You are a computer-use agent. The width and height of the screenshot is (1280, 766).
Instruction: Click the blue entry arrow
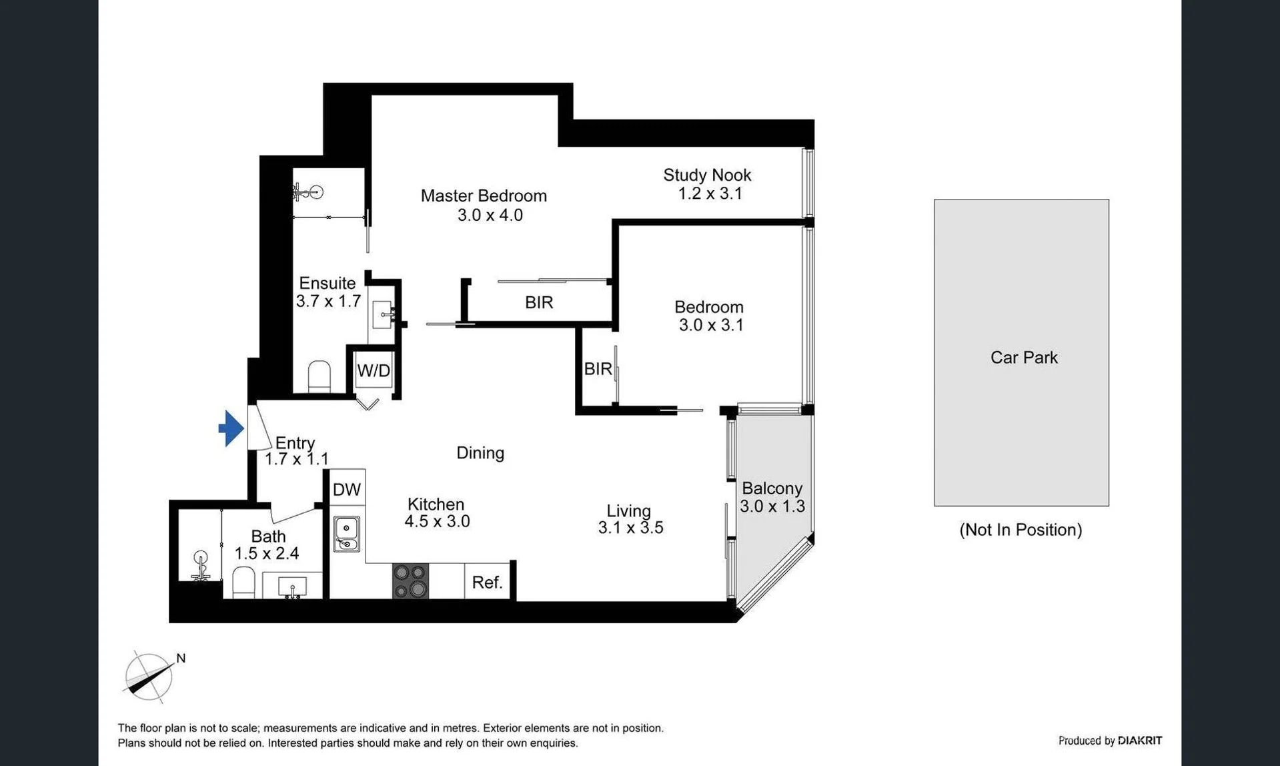click(x=231, y=428)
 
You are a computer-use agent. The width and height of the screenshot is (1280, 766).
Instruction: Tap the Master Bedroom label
click(x=484, y=196)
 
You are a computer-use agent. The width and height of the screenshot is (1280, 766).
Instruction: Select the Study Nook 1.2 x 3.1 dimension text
click(x=710, y=194)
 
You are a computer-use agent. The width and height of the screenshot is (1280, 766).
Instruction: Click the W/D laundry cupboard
click(x=374, y=371)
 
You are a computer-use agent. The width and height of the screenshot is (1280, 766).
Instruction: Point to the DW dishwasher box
click(x=347, y=490)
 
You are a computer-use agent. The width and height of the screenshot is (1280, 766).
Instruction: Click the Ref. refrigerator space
click(x=487, y=582)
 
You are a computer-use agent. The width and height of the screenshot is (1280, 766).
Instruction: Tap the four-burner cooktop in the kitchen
click(x=410, y=581)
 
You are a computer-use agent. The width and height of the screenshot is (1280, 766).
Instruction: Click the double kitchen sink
click(x=346, y=534)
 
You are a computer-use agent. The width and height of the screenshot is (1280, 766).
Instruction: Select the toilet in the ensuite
click(x=319, y=376)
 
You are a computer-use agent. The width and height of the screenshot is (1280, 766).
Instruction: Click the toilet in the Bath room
click(x=243, y=583)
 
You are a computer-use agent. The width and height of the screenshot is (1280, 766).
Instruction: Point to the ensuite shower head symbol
click(x=309, y=193)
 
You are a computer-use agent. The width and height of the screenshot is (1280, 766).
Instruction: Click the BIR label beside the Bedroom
click(x=598, y=368)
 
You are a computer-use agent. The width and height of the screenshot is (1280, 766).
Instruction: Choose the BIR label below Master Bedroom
click(x=539, y=303)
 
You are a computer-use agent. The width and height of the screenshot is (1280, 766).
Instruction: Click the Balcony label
click(x=772, y=488)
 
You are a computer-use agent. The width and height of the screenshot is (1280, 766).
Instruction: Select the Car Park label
click(x=1024, y=358)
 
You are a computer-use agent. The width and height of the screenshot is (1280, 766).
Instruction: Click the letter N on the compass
click(x=181, y=659)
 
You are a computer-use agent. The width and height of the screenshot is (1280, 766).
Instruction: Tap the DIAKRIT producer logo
click(x=1140, y=741)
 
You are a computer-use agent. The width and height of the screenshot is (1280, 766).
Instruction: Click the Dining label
click(x=480, y=453)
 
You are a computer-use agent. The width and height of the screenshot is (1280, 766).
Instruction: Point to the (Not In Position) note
click(x=1021, y=530)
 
